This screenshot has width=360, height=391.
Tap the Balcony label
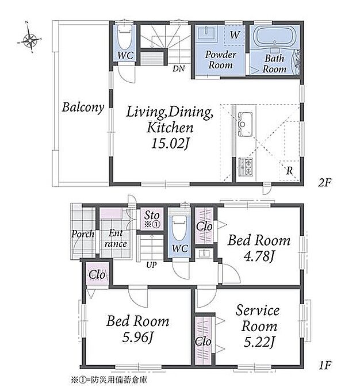pyautogui.click(x=83, y=108)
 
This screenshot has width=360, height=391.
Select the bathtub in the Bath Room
pyautogui.click(x=274, y=37)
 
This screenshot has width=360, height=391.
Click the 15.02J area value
pyautogui.click(x=170, y=144)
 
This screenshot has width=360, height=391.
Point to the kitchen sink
pyautogui.click(x=246, y=124)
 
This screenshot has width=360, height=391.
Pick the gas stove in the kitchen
pyautogui.click(x=246, y=167)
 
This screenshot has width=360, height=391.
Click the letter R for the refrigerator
pyautogui.click(x=289, y=171)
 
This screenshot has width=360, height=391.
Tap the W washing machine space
pyautogui.click(x=234, y=35)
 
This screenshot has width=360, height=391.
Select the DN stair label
pyautogui.click(x=179, y=68)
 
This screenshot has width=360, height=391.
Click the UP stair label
pyautogui.click(x=151, y=265)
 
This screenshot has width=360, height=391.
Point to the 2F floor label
pyautogui.click(x=324, y=183)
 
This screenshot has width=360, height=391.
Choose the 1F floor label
pyautogui.click(x=325, y=366)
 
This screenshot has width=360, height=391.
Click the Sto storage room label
pyautogui.click(x=152, y=215)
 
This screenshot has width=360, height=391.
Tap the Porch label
pyautogui.click(x=83, y=234)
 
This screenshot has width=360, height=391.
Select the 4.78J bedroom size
pyautogui.click(x=259, y=256)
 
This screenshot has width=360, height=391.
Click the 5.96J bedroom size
pyautogui.click(x=137, y=337)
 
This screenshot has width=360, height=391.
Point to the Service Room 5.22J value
pyautogui.click(x=259, y=342)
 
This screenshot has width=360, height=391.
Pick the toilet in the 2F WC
pyautogui.click(x=124, y=37)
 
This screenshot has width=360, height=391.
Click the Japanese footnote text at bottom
pyautogui.click(x=109, y=380)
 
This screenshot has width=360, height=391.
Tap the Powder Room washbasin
pyautogui.click(x=206, y=33)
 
